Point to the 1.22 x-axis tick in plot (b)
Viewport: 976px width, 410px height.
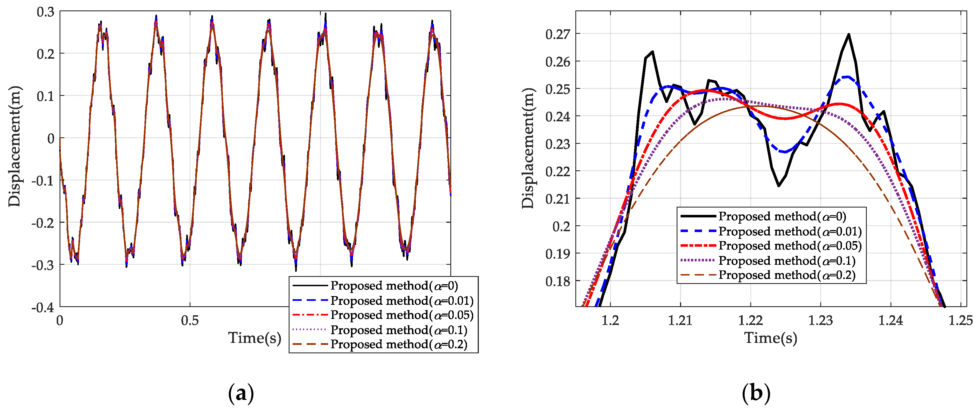point(750,321)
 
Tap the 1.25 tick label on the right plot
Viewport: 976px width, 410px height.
point(960,321)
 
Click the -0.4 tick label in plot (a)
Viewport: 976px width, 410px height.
point(43,307)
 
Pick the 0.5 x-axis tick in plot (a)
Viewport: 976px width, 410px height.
point(190,321)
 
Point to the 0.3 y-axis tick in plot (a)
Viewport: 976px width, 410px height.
point(45,12)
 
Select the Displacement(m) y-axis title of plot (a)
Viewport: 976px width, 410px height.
point(14,147)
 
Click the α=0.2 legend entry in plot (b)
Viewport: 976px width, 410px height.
point(787,275)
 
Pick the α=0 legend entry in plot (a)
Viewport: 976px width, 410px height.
point(394,285)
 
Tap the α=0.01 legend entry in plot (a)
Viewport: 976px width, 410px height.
point(402,300)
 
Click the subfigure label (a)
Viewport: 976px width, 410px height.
point(241,393)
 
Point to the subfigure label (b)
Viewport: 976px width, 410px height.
point(756,393)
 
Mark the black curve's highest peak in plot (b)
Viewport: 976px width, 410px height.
point(849,34)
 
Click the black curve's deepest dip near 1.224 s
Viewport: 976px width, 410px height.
point(778,186)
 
